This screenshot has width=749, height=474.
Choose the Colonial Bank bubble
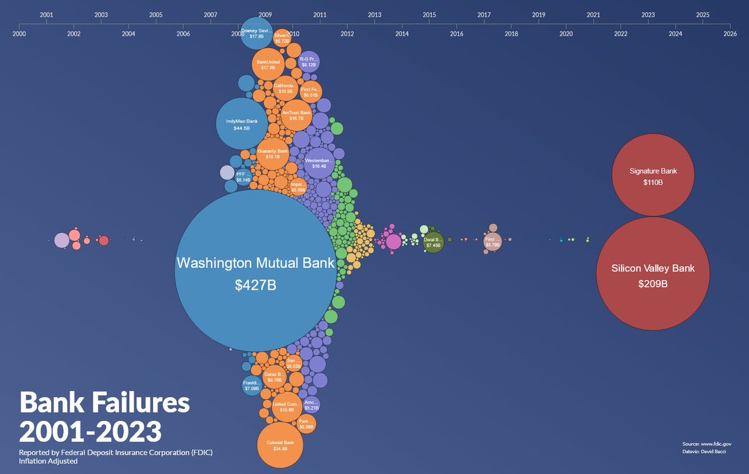pos(280,445)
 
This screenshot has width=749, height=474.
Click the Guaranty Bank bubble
pos(273,154)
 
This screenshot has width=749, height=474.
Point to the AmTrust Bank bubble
pos(292,115)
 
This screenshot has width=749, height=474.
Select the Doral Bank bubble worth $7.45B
pos(433,242)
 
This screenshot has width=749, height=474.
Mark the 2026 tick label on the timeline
pos(730,34)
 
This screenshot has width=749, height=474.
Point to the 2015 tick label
pos(429,14)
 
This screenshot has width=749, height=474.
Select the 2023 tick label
pos(648,14)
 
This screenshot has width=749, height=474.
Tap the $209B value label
pos(653,284)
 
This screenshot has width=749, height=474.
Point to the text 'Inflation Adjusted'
pos(48,461)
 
